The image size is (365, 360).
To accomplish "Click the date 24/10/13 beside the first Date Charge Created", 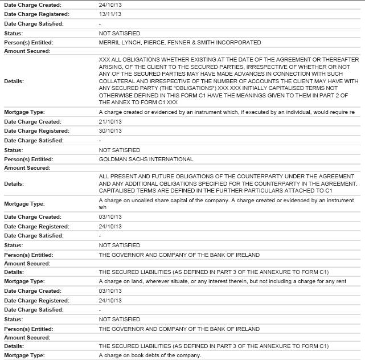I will pos(109,5).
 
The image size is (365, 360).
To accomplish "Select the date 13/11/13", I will pos(109,14).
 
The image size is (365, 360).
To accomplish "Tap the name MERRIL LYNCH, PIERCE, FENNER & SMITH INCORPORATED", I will pos(180,42).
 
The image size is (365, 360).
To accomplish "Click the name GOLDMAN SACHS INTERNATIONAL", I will pos(146,159).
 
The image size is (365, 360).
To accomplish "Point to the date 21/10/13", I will pos(109,122).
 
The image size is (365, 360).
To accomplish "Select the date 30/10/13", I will pos(109,131).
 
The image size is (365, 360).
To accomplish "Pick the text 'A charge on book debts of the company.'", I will pos(150,355).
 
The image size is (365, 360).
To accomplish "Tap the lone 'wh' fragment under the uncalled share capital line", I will pos(102,208).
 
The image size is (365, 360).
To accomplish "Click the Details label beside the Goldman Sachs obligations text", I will pos(14,184).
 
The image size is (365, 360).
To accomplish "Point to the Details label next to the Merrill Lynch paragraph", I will pos(14,81).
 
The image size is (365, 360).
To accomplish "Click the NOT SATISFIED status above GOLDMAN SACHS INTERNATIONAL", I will pos(119,150).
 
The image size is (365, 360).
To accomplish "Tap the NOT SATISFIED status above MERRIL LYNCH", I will pos(119,33).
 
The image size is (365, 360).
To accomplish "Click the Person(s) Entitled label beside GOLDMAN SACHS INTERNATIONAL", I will pos(28,159).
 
